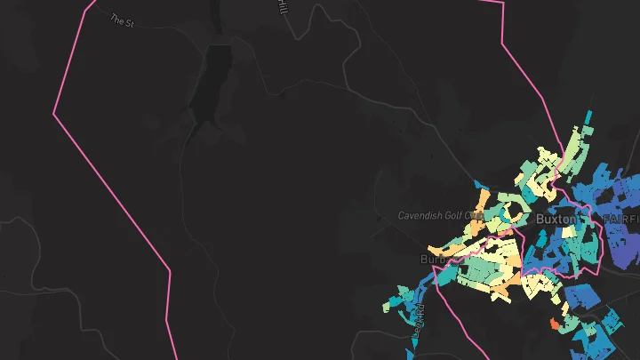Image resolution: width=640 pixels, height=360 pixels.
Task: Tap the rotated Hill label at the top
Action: click(x=283, y=7)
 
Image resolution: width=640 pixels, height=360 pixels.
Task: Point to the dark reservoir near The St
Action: click(x=217, y=84)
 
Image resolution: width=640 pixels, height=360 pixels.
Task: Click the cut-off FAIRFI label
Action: click(x=621, y=218)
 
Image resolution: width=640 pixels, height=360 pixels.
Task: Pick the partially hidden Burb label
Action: click(x=432, y=260)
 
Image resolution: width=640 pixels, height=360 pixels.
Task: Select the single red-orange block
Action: click(x=556, y=325)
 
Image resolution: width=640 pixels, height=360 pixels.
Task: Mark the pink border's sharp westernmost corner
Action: click(x=54, y=113)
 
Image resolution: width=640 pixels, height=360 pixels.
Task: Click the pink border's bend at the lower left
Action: click(x=169, y=267)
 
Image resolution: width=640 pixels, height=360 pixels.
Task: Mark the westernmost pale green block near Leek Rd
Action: click(x=388, y=306)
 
